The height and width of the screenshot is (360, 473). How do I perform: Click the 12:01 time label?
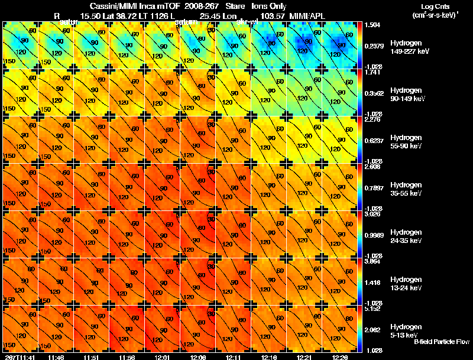pyautogui.click(x=162, y=357)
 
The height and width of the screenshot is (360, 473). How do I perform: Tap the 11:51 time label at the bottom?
pyautogui.click(x=91, y=357)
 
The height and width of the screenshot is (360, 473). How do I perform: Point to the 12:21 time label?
pyautogui.click(x=304, y=357)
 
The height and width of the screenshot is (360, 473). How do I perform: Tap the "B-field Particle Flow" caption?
pyautogui.click(x=441, y=342)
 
